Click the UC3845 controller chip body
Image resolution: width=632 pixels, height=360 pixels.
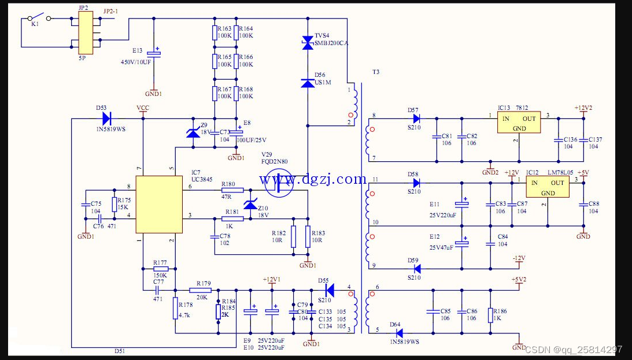(x=159, y=205)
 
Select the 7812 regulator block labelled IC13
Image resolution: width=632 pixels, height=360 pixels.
(x=520, y=122)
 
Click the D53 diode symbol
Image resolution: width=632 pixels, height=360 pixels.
(x=106, y=118)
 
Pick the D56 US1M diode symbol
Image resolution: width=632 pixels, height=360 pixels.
(x=308, y=83)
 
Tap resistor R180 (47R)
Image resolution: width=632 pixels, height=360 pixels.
(x=232, y=190)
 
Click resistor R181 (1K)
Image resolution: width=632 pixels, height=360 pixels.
(x=232, y=219)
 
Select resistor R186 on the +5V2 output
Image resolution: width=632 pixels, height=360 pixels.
(x=490, y=315)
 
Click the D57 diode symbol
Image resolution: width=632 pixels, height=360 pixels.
(x=416, y=118)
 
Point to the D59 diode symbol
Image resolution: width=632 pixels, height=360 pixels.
(x=416, y=269)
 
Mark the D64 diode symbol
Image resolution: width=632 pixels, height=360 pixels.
(x=398, y=333)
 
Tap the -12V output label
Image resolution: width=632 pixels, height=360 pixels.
(x=518, y=258)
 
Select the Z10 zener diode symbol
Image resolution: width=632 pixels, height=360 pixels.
(x=250, y=205)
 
